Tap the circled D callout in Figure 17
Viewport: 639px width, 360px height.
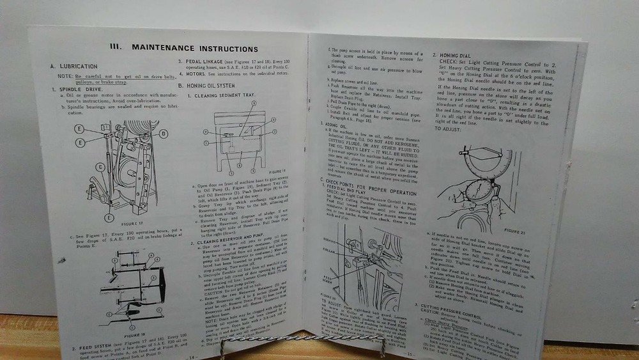tap(164, 133)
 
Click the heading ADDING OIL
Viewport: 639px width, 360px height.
tap(327, 125)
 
